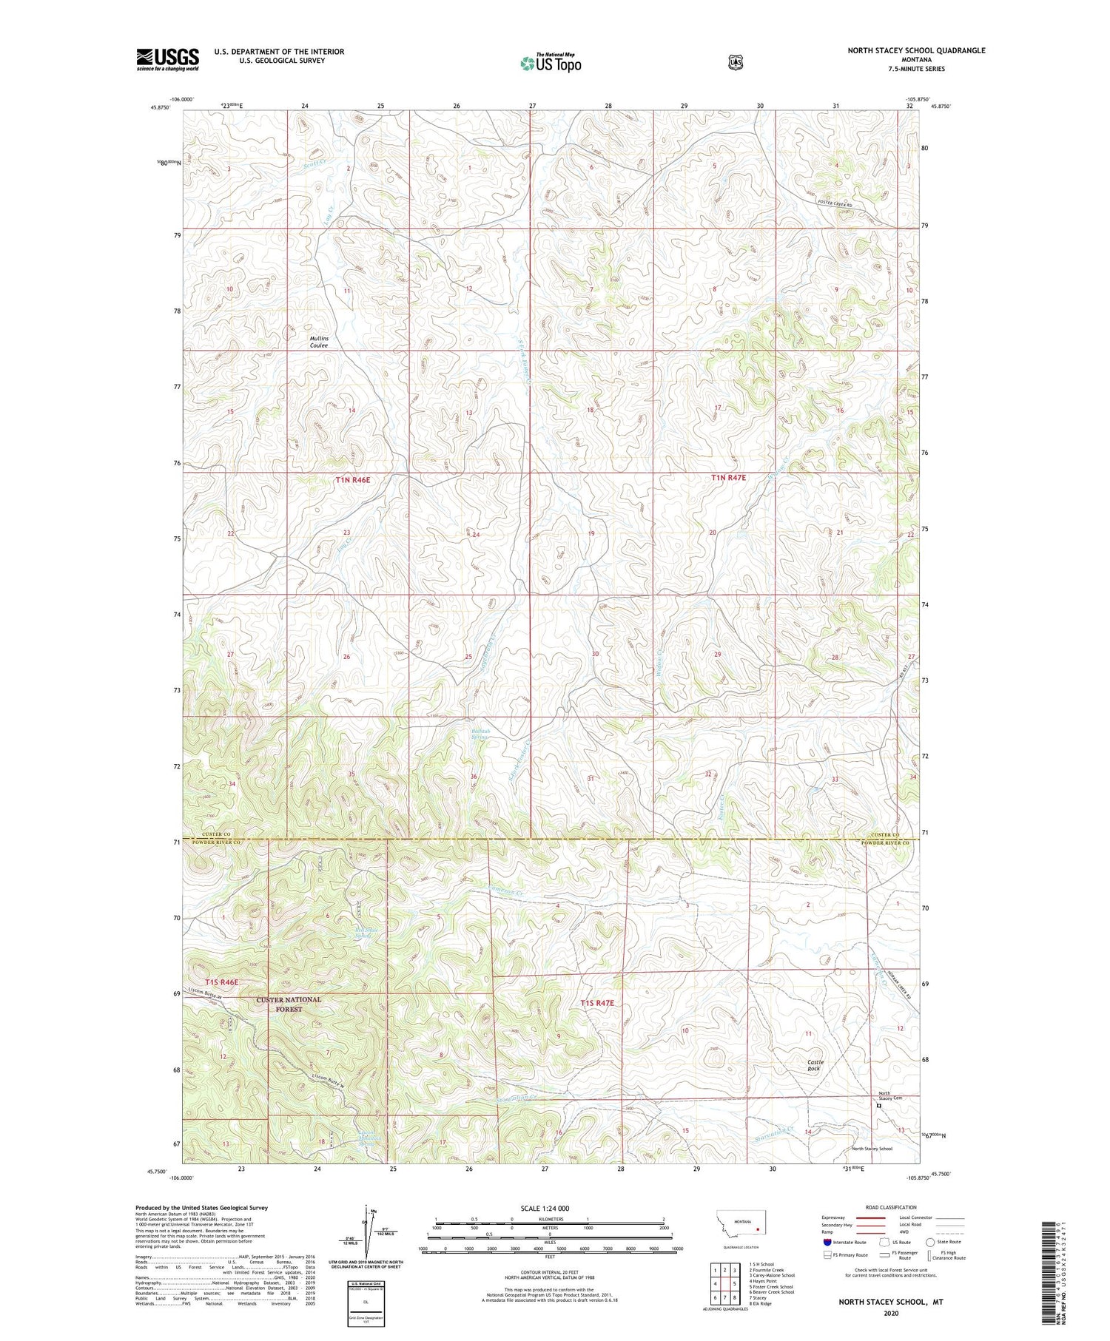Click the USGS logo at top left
[167, 59]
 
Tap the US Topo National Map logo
[551, 63]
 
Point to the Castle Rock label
[814, 1065]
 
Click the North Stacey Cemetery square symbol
[879, 1107]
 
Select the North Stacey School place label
[872, 1149]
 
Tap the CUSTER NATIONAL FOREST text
[289, 1004]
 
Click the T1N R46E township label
[352, 480]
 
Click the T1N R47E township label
[728, 478]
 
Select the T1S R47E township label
[597, 1003]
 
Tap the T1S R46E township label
[222, 982]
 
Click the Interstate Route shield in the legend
[827, 1242]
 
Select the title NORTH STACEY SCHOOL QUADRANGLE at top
[916, 50]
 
